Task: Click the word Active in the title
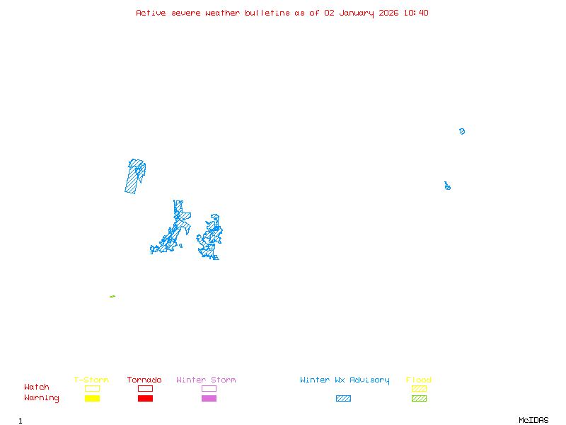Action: tap(151, 13)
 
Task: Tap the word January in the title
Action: tap(357, 13)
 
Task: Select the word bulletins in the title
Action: tap(267, 13)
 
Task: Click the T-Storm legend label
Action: tap(91, 380)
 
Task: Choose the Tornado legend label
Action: tap(144, 380)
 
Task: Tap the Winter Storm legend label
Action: tap(206, 380)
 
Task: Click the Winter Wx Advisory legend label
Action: tap(345, 380)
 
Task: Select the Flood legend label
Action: tap(419, 380)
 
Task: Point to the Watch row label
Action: tap(37, 387)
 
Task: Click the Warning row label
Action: tap(42, 398)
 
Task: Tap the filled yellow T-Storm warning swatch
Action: tap(92, 399)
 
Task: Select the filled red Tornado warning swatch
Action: tap(145, 399)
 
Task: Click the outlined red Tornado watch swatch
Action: tap(145, 388)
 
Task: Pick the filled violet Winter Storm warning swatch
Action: tap(209, 399)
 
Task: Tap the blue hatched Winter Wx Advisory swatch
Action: tap(343, 399)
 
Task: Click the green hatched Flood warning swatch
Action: tap(419, 399)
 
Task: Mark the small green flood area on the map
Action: tap(112, 296)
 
